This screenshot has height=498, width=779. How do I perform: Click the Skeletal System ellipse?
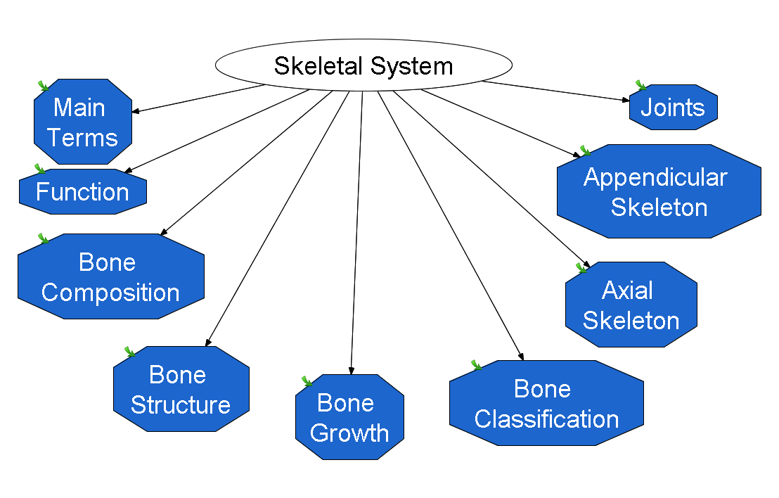(x=363, y=65)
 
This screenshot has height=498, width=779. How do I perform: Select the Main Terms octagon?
(x=83, y=122)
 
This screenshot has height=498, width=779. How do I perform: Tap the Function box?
(x=83, y=192)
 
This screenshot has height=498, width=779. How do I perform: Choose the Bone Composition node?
(x=111, y=276)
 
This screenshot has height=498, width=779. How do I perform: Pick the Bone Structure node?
(x=181, y=389)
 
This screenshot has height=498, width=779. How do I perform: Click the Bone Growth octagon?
(x=349, y=417)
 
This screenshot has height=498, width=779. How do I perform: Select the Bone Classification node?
(x=546, y=403)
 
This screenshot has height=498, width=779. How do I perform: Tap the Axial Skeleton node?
(x=631, y=305)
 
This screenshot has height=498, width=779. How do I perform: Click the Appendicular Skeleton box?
(x=659, y=191)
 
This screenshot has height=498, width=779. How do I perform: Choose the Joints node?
(x=674, y=108)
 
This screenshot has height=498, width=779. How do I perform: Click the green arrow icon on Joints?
(x=641, y=86)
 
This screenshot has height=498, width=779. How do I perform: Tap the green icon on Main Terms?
(x=44, y=86)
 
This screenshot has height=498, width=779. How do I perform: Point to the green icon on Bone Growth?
(x=307, y=381)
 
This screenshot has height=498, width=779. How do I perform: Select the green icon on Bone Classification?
(x=477, y=365)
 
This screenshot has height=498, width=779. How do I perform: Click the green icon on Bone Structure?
(x=129, y=352)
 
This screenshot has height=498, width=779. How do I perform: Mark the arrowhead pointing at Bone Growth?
(x=352, y=371)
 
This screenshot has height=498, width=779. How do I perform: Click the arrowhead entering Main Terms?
(x=136, y=111)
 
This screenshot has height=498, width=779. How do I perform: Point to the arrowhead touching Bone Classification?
(x=521, y=357)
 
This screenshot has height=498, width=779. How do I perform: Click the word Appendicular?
(x=655, y=177)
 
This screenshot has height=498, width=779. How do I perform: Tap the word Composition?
(x=110, y=293)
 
